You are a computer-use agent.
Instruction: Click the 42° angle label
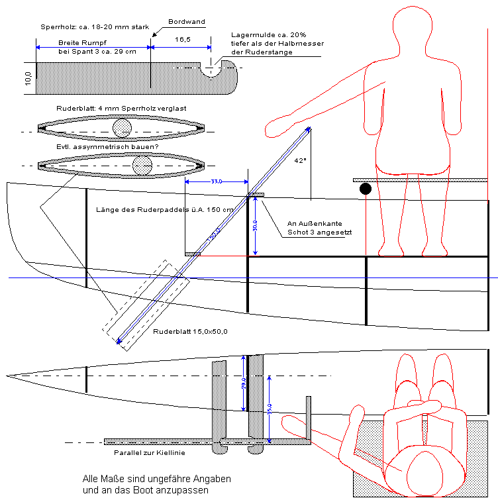pos(300,160)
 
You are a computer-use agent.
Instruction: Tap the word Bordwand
pos(187,22)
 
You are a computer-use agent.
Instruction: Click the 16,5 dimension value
pos(183,40)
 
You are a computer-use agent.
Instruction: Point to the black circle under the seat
pos(366,189)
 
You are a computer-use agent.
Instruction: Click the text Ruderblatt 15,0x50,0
pos(190,332)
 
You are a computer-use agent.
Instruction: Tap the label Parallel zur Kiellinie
pos(149,453)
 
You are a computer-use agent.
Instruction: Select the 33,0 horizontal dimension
pos(215,181)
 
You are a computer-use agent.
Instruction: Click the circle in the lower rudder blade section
pos(142,165)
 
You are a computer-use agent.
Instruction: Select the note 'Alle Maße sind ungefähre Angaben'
pos(156,479)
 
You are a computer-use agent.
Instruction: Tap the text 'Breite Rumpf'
pos(77,42)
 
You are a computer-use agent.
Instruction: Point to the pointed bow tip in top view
pos(9,376)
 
